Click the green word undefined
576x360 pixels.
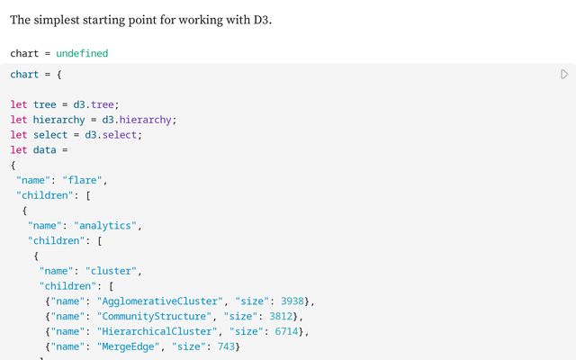click(82, 53)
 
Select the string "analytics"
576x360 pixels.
click(105, 225)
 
